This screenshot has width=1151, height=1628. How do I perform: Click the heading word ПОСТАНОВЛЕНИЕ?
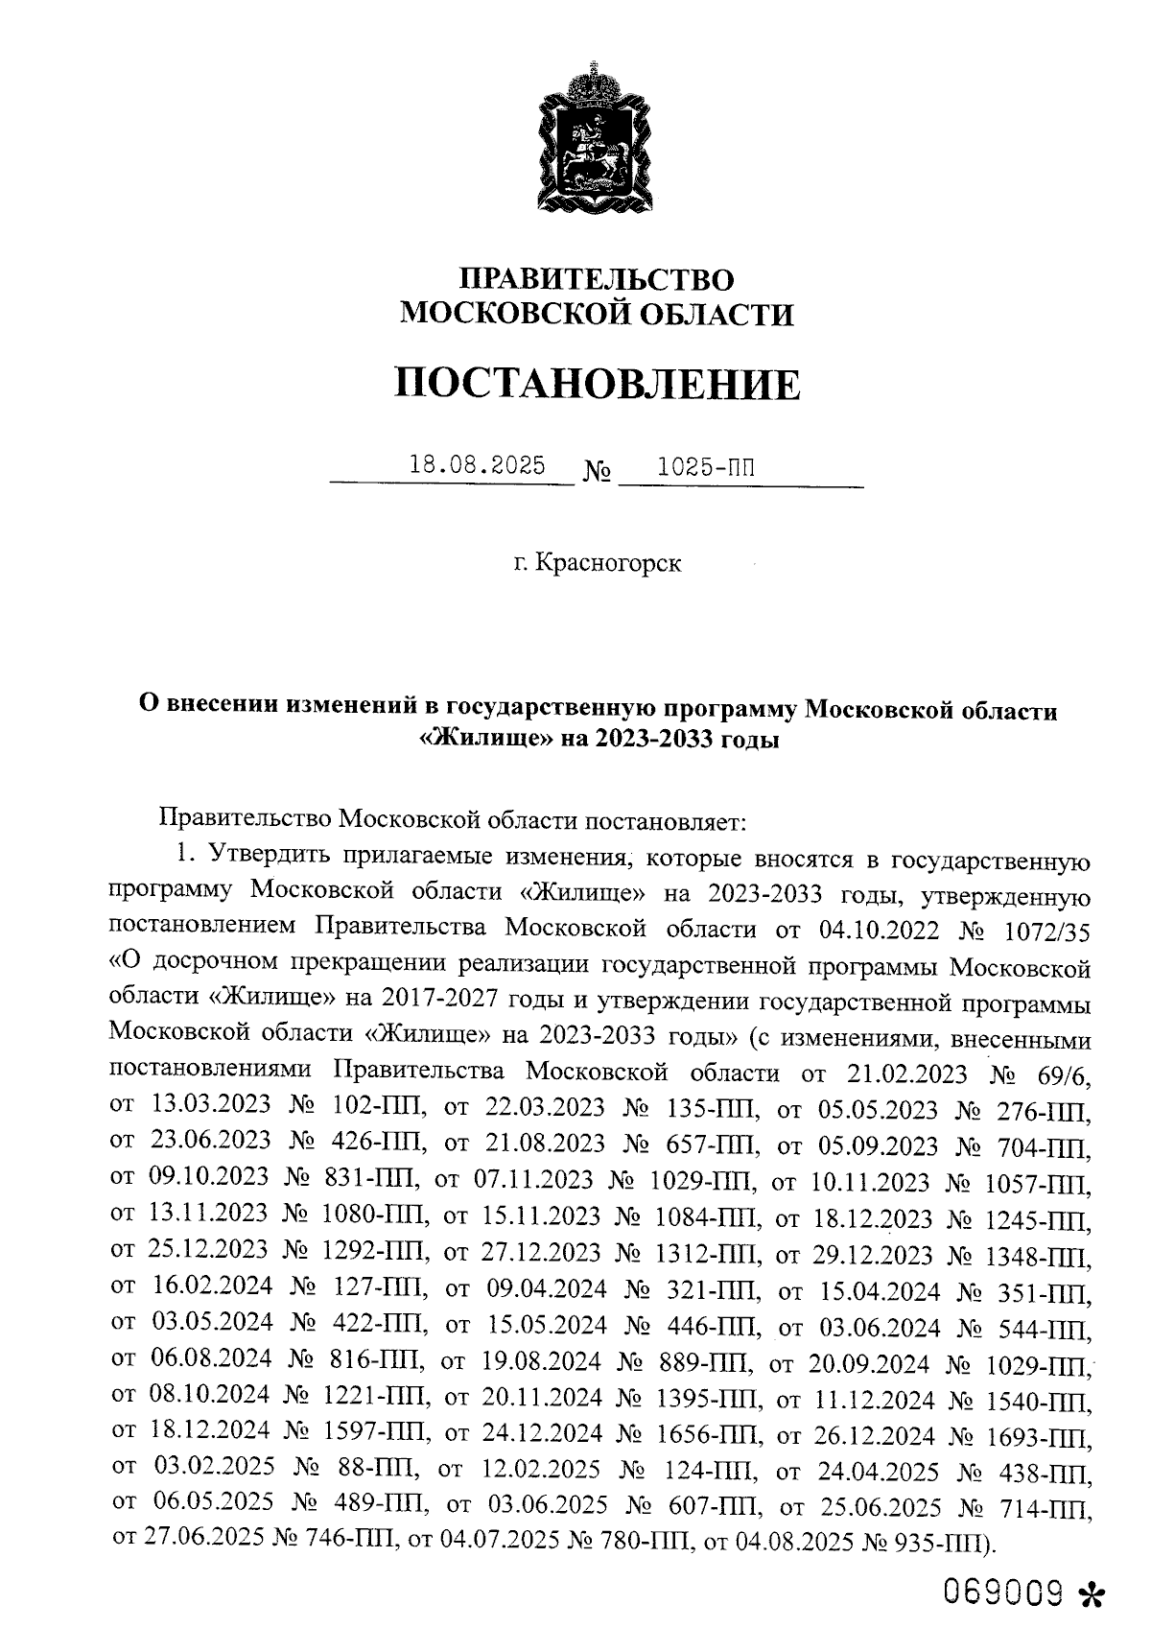tap(597, 385)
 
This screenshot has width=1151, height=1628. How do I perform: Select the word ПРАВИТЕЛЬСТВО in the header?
tap(597, 279)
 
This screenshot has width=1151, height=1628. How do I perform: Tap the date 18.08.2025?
tap(477, 466)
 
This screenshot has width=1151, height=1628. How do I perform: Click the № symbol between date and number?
tap(597, 473)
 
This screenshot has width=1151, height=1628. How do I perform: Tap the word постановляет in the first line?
tap(662, 821)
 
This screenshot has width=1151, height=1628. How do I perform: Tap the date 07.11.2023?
tap(537, 1179)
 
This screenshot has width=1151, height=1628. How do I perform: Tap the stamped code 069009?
tap(1003, 1592)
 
